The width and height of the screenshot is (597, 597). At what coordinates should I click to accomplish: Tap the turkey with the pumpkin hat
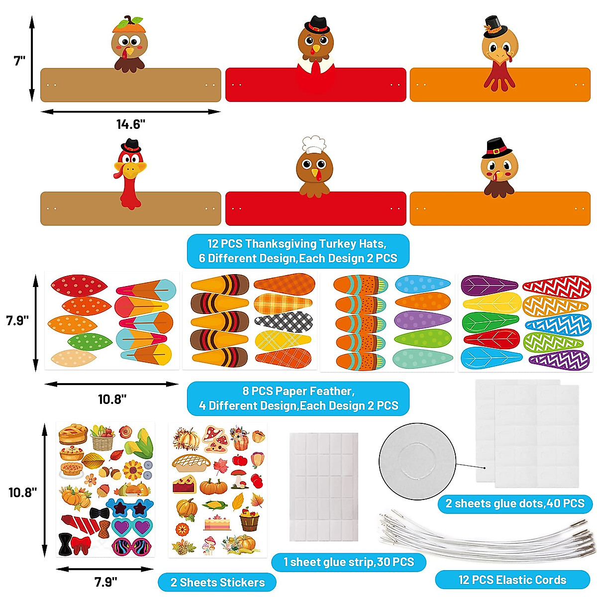[x=129, y=45]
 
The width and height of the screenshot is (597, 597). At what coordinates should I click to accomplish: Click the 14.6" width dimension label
[x=130, y=124]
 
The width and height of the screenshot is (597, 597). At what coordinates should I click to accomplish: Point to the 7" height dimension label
[x=19, y=61]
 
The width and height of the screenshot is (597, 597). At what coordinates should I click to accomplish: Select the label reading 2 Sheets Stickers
[x=217, y=582]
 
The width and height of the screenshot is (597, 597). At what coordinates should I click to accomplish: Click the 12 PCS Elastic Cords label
[x=512, y=580]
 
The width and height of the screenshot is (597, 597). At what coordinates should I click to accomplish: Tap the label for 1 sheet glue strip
[x=348, y=562]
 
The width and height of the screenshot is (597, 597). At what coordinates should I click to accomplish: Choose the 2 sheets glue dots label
[x=514, y=503]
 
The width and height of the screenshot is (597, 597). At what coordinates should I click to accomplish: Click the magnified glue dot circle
[x=417, y=461]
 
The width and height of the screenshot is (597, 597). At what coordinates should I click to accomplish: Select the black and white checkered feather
[x=284, y=322]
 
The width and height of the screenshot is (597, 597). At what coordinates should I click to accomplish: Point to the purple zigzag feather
[x=555, y=360]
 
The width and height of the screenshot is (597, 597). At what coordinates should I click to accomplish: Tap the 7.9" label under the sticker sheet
[x=105, y=582]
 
